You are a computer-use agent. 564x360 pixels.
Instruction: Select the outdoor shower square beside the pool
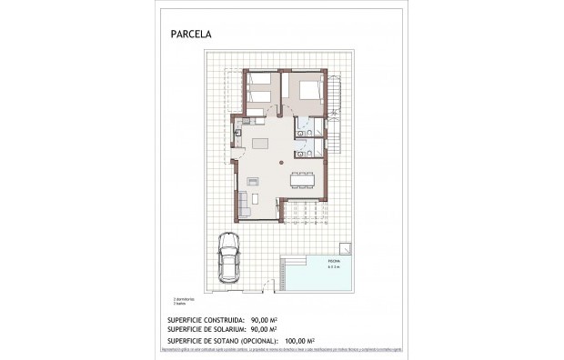click(346, 246)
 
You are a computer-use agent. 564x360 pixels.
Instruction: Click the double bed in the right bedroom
click(307, 91)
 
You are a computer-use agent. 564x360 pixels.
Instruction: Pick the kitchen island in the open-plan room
click(262, 144)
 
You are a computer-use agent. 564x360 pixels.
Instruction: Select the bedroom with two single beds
click(262, 91)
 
